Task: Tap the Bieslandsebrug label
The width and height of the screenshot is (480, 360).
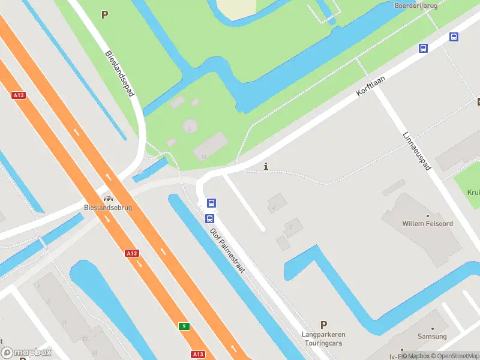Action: point(108,208)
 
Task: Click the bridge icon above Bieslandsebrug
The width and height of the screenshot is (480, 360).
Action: point(108,199)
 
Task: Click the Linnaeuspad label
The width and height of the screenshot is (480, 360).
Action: point(418,151)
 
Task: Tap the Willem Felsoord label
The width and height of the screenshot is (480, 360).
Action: point(427,224)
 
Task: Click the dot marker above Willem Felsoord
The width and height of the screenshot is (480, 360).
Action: point(427,215)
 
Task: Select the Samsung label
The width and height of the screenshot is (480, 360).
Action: point(432,337)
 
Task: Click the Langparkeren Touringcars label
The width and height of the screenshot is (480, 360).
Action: point(323,339)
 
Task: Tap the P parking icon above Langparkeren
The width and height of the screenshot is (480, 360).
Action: point(323,325)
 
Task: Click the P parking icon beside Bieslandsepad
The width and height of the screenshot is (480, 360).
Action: point(105,15)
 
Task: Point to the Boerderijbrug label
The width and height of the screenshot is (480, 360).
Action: point(415,5)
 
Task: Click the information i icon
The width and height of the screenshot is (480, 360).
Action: point(266,166)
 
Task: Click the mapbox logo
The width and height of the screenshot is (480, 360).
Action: point(26,353)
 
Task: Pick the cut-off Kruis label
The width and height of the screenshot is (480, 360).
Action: point(473,193)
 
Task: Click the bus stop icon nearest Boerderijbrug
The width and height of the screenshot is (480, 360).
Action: point(454,37)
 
